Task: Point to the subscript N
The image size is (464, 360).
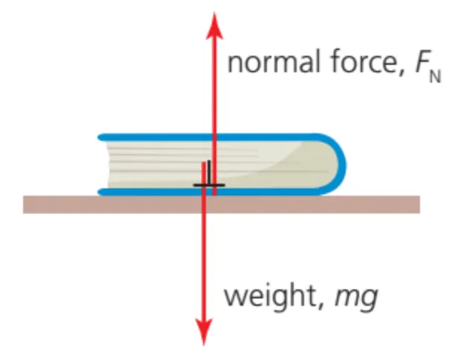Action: [x=434, y=75]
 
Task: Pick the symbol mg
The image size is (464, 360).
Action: [x=358, y=298]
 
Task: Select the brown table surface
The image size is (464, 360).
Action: [x=312, y=204]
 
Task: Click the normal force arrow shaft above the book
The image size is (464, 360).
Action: [x=214, y=89]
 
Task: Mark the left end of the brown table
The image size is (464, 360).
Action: [x=27, y=204]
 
